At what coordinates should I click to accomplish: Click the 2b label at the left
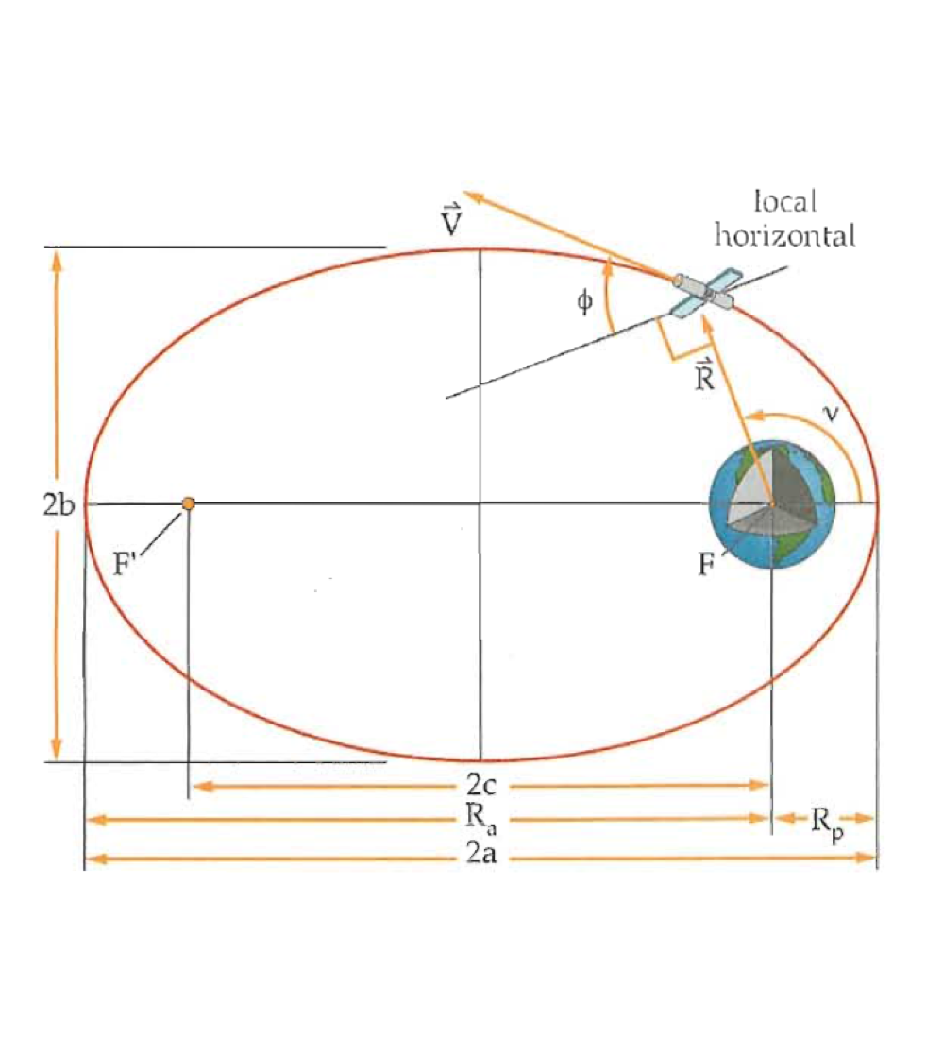(x=59, y=503)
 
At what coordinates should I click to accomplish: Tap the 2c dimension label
(x=481, y=785)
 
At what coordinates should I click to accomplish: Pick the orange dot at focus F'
(x=189, y=504)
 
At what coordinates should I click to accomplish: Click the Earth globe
(x=773, y=504)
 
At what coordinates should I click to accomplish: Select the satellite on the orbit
(x=704, y=290)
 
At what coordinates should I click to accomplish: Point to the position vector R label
(x=702, y=375)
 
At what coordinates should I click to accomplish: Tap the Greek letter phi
(x=585, y=301)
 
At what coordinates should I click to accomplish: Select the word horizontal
(x=784, y=235)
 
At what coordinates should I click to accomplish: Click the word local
(x=784, y=201)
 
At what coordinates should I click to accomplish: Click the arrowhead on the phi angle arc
(x=609, y=265)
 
